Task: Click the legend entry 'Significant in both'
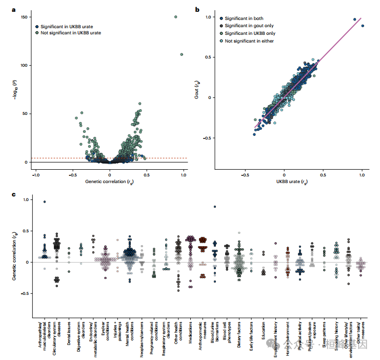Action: (243, 18)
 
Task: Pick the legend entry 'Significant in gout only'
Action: (247, 26)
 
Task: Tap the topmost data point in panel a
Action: (175, 17)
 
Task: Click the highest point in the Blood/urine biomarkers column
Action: (215, 207)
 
